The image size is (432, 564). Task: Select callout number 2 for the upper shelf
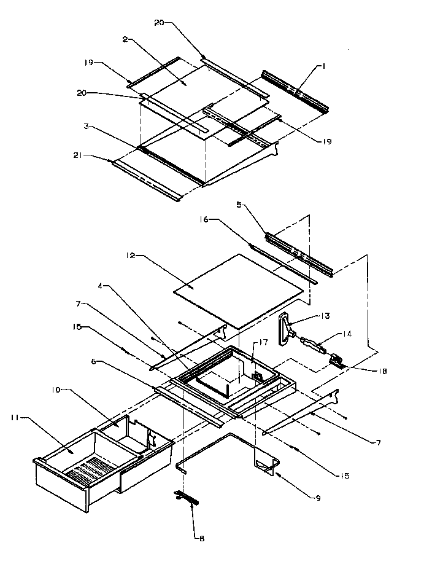125,39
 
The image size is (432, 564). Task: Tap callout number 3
88,125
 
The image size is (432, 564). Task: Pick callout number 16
203,218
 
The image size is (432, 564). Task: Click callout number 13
325,316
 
